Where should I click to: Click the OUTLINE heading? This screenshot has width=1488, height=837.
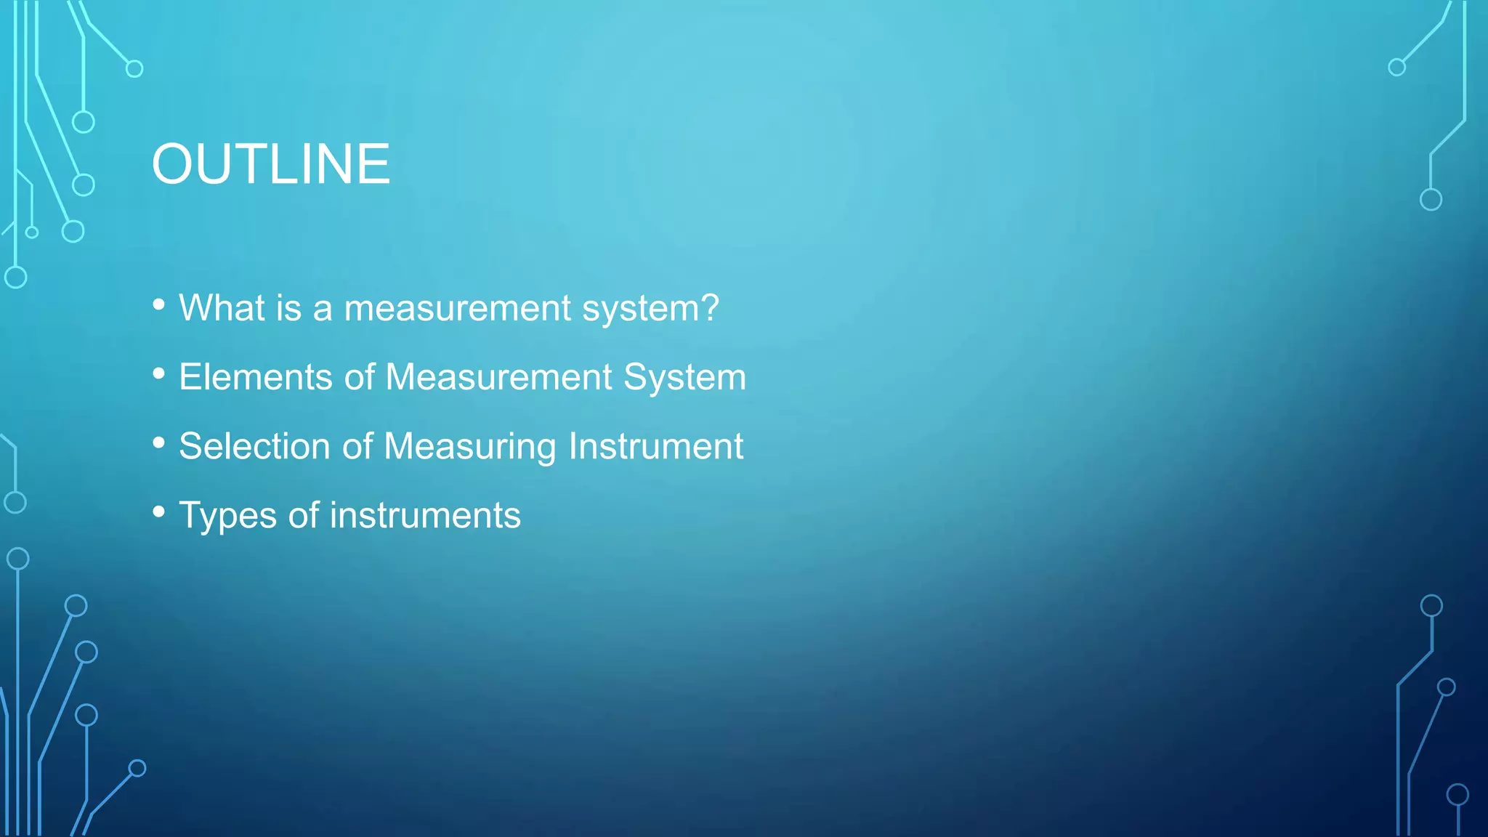click(x=270, y=164)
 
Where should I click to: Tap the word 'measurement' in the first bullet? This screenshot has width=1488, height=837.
click(x=457, y=308)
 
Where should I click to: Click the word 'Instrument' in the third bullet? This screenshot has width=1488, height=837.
click(x=656, y=446)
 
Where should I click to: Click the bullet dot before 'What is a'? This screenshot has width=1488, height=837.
click(x=159, y=304)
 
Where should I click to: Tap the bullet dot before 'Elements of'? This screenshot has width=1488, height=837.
click(x=159, y=374)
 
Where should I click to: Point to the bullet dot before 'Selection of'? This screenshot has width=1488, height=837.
click(x=159, y=443)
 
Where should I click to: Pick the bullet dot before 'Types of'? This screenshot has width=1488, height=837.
click(x=159, y=512)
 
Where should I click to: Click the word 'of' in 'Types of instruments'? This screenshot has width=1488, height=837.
click(x=304, y=515)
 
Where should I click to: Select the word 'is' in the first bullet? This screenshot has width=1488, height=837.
click(x=288, y=307)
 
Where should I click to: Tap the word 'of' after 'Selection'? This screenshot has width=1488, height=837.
click(x=357, y=446)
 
